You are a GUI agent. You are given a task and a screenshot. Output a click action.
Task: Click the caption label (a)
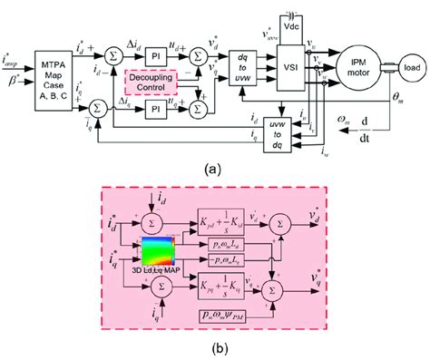coord(215,168)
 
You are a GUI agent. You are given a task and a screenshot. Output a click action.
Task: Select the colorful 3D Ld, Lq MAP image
coord(163,251)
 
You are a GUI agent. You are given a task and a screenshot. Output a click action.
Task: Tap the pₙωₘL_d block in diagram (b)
coord(224,246)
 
